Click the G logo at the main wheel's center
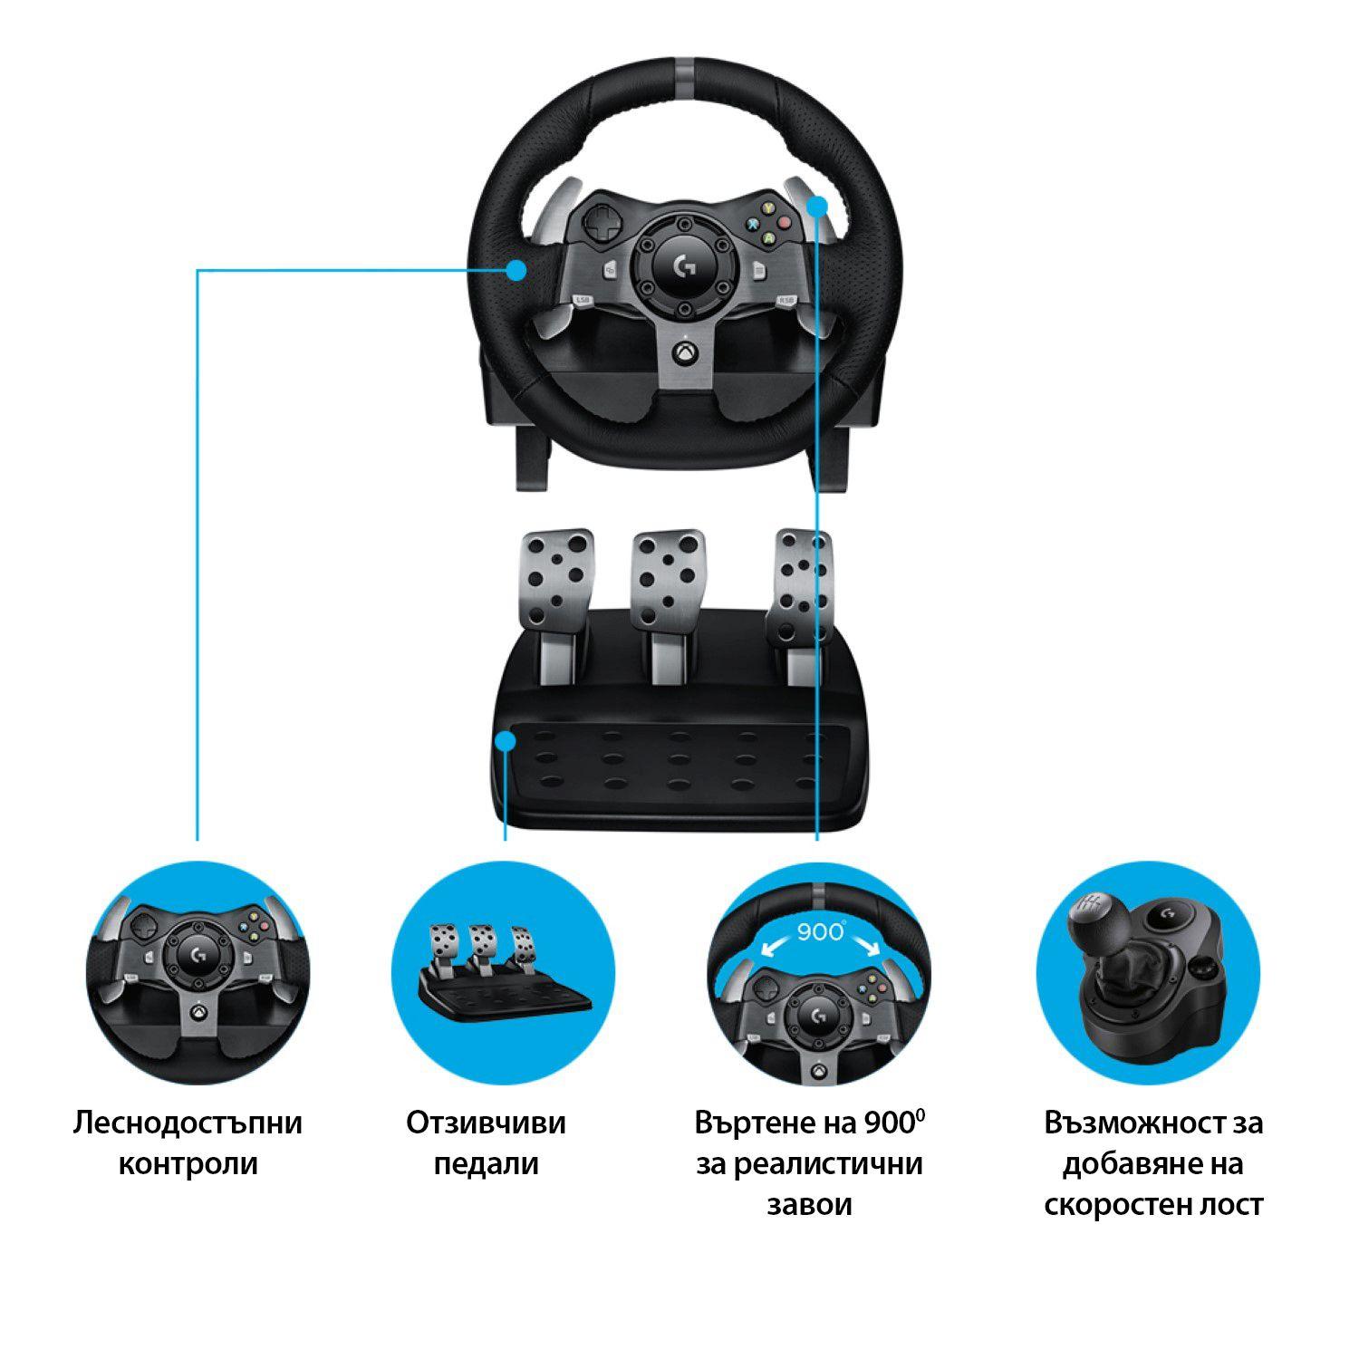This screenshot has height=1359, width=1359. [686, 265]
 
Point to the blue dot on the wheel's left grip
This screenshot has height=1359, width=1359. [517, 269]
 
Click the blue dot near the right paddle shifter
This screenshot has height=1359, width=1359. [818, 206]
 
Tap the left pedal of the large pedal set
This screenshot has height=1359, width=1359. [557, 580]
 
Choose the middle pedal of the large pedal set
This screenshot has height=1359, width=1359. [668, 580]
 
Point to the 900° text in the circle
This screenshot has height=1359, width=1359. [820, 930]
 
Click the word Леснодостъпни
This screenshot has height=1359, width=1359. [188, 1123]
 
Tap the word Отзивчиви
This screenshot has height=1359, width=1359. [486, 1123]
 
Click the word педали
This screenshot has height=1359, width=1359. [486, 1164]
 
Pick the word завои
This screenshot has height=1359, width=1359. [809, 1205]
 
